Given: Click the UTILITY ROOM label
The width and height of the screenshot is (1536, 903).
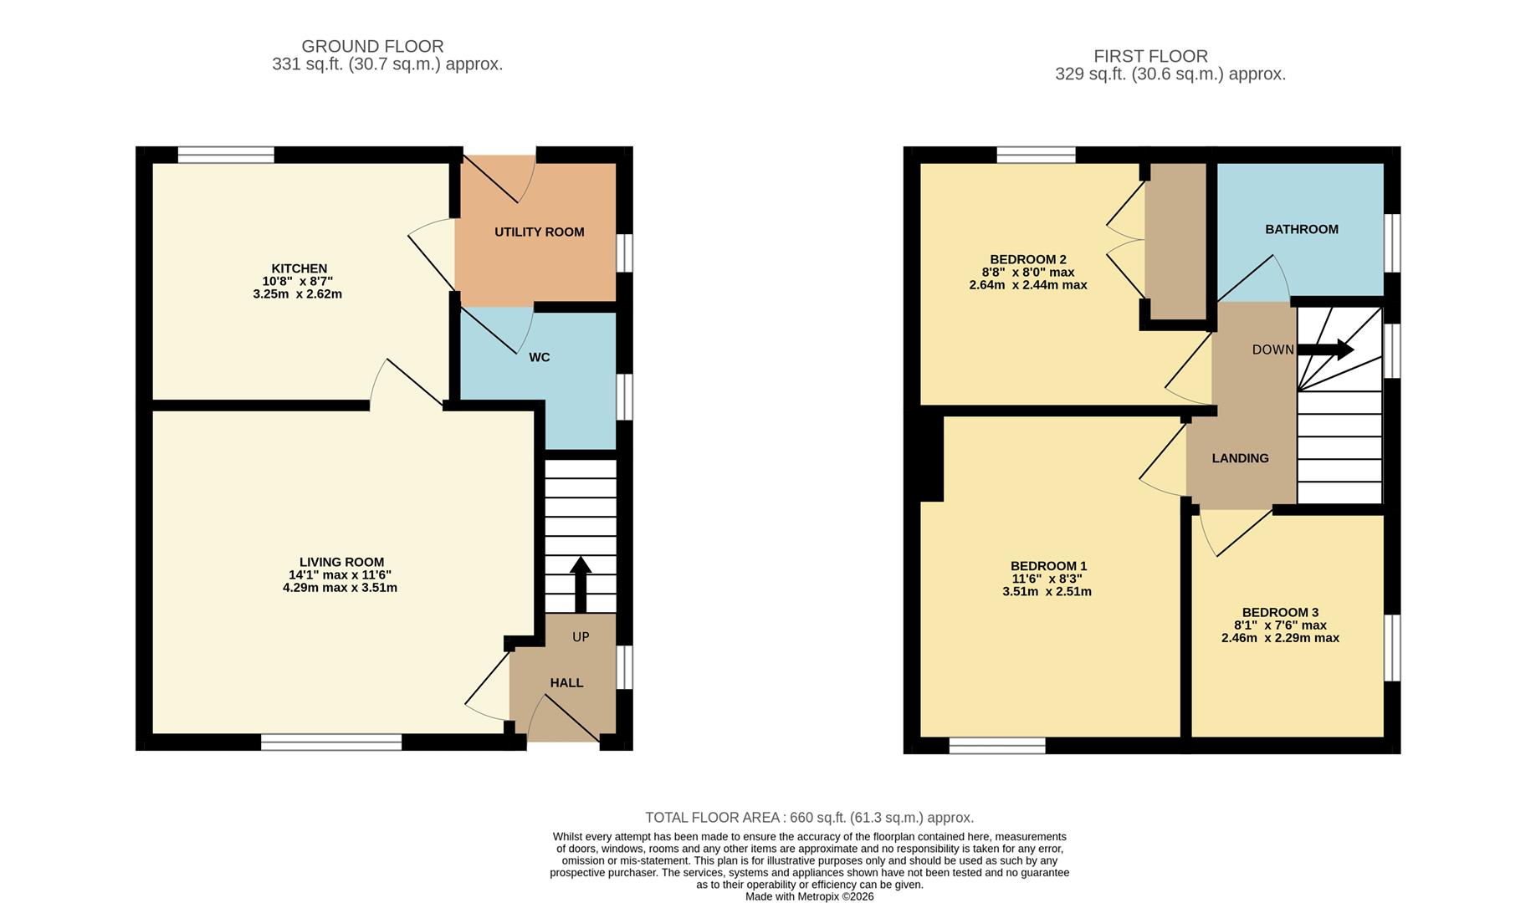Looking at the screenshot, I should tap(539, 232).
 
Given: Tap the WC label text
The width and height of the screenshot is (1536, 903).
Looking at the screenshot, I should tap(539, 358).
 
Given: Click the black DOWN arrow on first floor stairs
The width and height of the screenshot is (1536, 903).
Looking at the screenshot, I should tap(1326, 349).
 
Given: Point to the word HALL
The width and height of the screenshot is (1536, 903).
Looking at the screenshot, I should tap(566, 683).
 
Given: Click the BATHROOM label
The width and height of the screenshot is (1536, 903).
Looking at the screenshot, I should tap(1301, 229).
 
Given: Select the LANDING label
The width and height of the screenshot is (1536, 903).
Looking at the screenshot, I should tap(1240, 458).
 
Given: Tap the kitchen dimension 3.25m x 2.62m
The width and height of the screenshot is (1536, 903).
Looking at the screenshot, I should tap(297, 294).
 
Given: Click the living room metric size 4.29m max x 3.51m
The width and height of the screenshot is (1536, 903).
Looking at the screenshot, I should tap(340, 588).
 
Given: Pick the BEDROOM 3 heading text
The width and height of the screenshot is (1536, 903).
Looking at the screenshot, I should tap(1279, 613).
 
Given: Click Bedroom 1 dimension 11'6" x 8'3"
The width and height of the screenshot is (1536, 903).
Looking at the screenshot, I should tap(1047, 579).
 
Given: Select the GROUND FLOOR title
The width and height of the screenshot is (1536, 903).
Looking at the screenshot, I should tap(372, 47).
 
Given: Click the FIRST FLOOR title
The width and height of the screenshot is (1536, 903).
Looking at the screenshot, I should tap(1150, 56).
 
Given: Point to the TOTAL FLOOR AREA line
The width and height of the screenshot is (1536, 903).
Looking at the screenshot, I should tap(809, 818).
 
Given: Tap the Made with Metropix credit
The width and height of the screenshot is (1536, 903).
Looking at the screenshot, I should tap(809, 896).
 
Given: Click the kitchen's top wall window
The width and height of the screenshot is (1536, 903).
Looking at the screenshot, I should tap(226, 155).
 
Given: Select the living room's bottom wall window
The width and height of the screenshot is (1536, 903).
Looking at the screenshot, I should tap(331, 742).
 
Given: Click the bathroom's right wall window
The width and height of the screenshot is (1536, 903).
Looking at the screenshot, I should tap(1391, 242).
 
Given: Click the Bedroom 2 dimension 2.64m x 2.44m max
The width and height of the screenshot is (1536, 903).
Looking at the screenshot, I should tap(1027, 285).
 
